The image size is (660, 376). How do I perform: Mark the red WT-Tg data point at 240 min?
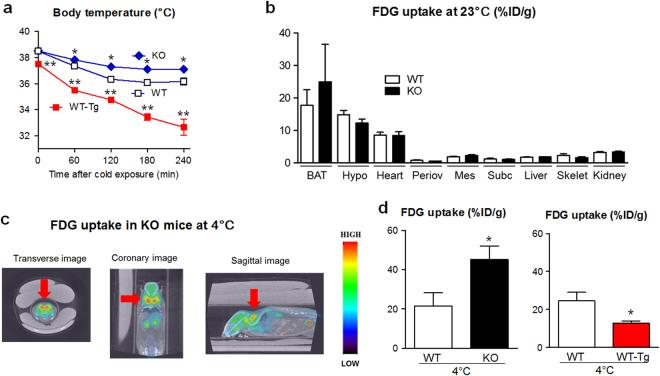[184, 127]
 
